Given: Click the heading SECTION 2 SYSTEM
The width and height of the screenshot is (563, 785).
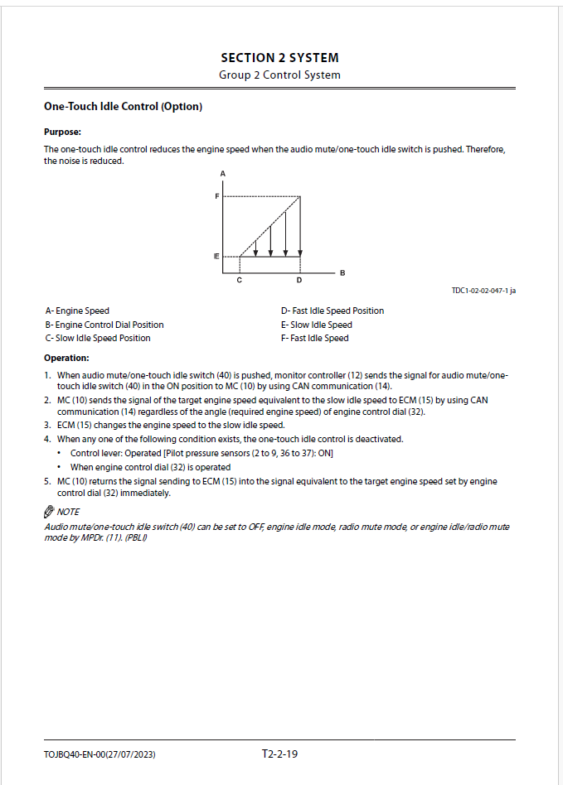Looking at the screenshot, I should [x=279, y=58].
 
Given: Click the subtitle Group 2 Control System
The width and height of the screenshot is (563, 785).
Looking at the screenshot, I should [x=279, y=75].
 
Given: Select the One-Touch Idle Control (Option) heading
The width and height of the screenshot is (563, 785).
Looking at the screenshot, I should [x=123, y=107].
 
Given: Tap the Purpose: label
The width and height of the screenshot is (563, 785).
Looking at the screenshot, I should [x=62, y=132].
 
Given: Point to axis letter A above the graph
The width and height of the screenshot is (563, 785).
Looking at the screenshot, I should [x=223, y=173].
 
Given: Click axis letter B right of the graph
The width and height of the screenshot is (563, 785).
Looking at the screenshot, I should [x=342, y=272].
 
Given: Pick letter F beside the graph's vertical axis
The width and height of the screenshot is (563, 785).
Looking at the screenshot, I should [x=216, y=196].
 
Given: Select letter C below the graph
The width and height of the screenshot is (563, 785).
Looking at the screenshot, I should [x=239, y=280].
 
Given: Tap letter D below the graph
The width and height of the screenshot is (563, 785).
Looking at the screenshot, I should [x=299, y=280].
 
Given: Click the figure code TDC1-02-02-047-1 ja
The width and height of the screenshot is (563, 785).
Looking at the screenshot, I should [x=483, y=291].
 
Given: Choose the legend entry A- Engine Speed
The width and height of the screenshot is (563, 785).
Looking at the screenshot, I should [x=77, y=311].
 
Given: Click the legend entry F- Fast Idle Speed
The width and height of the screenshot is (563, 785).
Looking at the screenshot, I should [x=314, y=338].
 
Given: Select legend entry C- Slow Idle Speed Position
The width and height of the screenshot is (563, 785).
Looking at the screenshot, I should [x=98, y=338].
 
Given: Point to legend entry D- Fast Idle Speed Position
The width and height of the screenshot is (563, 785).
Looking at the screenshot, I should [x=332, y=311].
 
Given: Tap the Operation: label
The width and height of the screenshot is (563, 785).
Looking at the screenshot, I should [x=66, y=358].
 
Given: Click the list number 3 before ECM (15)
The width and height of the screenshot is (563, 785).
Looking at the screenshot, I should [x=47, y=425].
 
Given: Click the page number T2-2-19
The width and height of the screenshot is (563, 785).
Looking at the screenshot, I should [x=279, y=754].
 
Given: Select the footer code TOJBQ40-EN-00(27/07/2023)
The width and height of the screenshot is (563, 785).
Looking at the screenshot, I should [x=99, y=754].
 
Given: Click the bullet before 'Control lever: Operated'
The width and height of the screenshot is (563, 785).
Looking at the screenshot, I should [x=60, y=454].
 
